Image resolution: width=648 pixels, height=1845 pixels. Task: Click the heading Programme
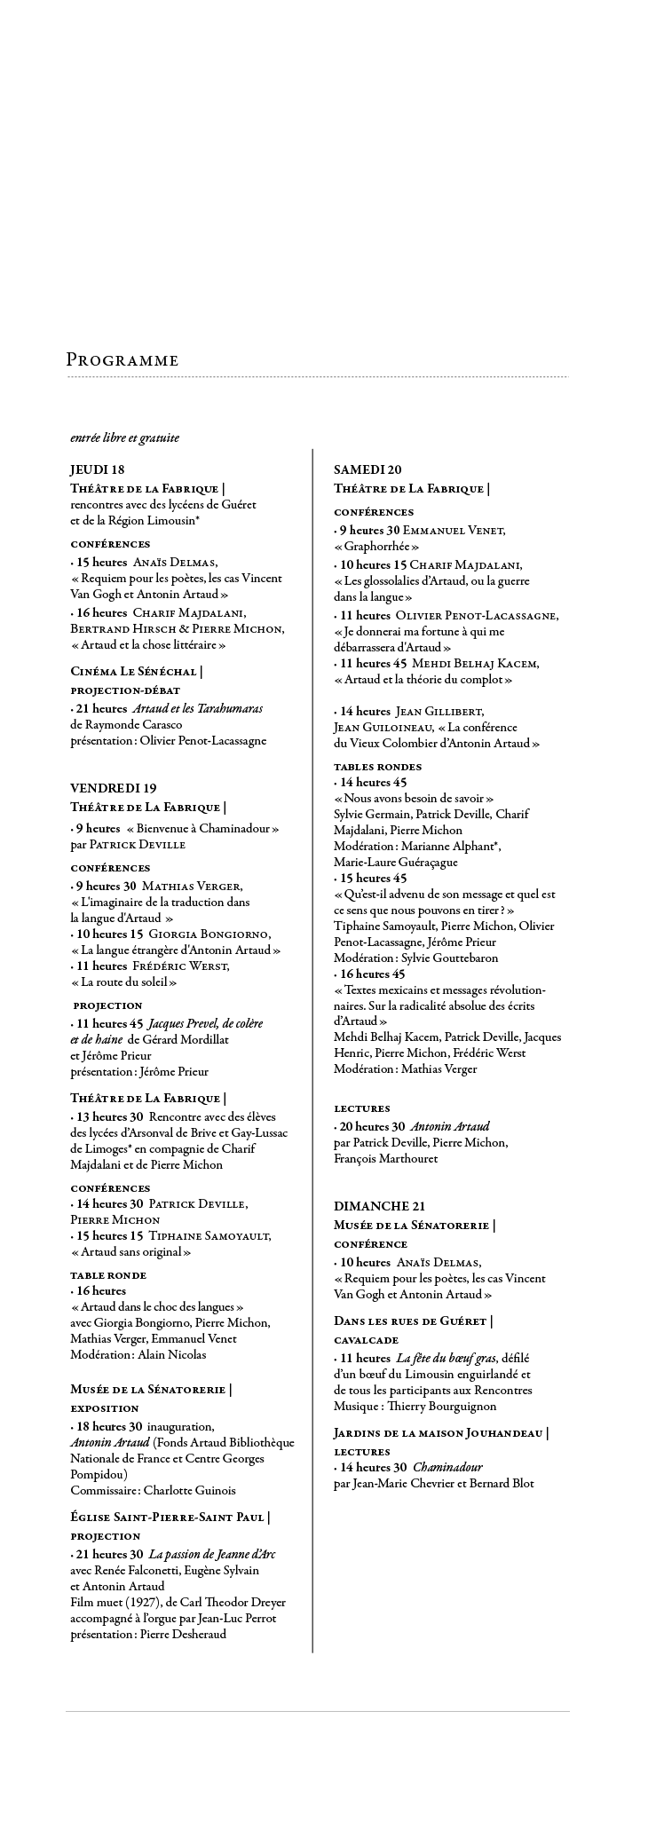[122, 360]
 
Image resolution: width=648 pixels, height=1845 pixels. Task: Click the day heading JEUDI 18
[98, 469]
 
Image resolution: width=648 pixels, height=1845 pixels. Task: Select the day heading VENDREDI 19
[114, 788]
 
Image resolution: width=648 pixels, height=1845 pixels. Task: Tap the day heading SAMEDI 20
[367, 469]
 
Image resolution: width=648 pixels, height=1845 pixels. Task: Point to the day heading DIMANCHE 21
[379, 1206]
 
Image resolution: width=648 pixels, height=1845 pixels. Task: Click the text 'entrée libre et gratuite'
[124, 438]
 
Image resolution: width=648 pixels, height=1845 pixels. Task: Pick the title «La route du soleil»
[123, 982]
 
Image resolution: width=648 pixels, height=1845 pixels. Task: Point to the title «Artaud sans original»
[130, 1252]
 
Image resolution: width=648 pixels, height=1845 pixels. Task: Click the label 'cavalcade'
[366, 1340]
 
